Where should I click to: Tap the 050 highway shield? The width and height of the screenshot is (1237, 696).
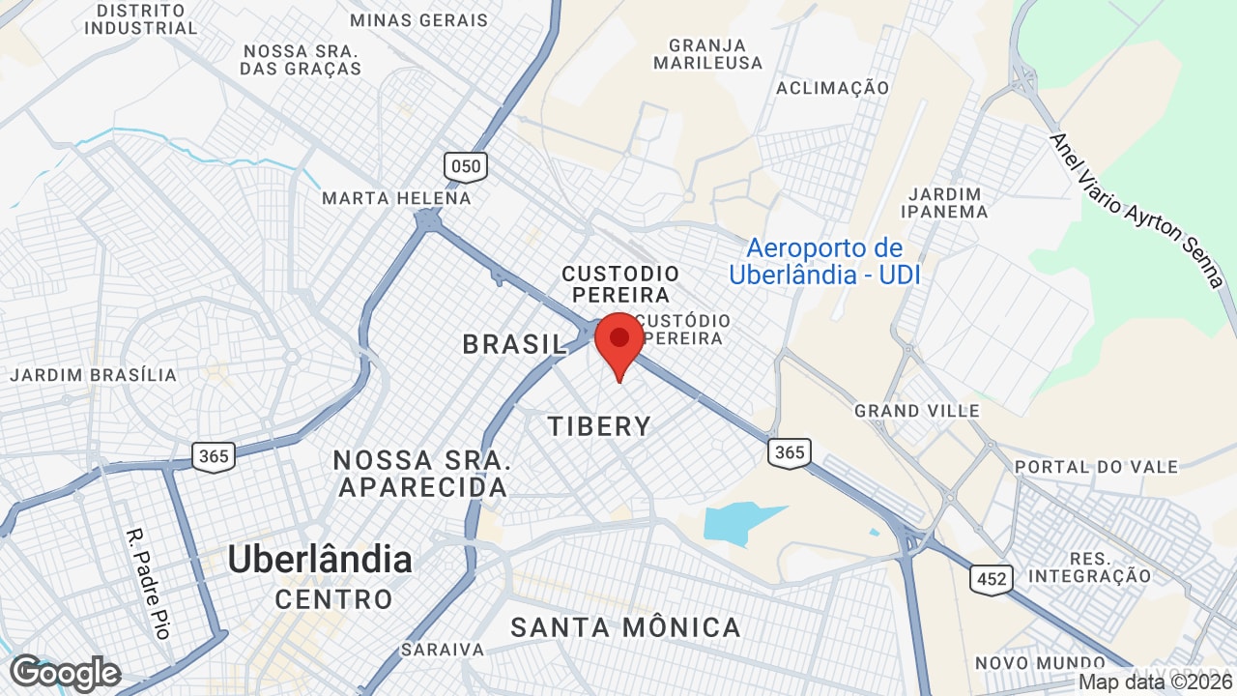[x=466, y=166]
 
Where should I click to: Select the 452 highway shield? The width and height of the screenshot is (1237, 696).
[x=992, y=579]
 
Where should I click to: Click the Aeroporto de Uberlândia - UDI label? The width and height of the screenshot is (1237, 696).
[x=824, y=262]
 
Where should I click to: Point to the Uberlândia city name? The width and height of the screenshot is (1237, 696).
[x=319, y=560]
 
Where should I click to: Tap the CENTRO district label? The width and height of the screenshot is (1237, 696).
[x=333, y=599]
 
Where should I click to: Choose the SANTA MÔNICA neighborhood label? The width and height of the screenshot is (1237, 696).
[x=625, y=627]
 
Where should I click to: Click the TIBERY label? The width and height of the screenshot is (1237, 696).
[x=599, y=425]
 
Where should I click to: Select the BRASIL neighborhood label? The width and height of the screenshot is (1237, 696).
[x=514, y=344]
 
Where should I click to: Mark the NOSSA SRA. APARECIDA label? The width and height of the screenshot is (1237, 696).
[x=422, y=473]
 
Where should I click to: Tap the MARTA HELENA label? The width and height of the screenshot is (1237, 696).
[x=396, y=198]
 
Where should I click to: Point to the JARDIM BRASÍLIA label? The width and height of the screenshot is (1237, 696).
[x=94, y=375]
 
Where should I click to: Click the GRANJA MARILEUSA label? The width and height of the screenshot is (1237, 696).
[x=707, y=54]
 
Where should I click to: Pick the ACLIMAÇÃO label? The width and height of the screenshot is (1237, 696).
[x=832, y=88]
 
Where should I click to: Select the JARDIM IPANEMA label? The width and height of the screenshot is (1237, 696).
[x=944, y=202]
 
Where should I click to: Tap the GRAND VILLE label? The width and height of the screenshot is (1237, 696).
[x=916, y=411]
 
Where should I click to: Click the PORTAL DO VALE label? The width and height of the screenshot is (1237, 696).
[x=1096, y=467]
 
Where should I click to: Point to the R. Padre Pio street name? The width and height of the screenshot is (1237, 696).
[x=149, y=582]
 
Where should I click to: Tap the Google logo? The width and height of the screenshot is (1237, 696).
[x=65, y=673]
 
